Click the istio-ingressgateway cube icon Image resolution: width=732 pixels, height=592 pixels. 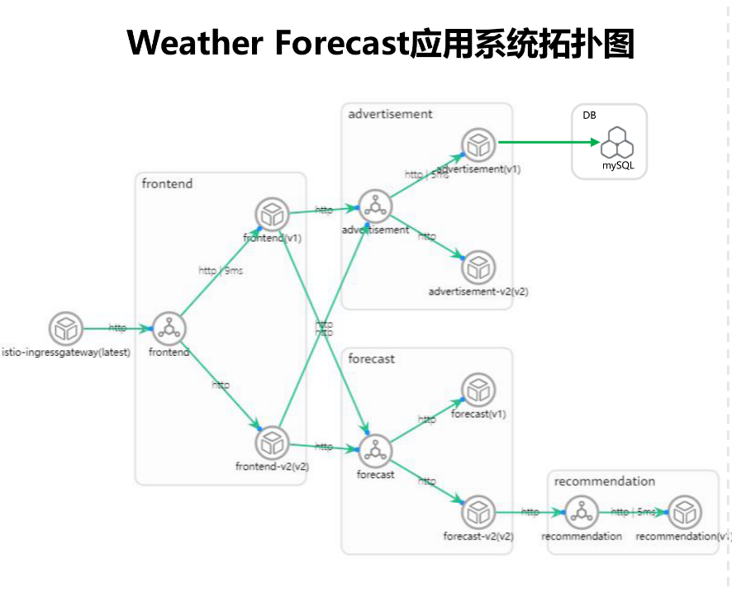point(65,329)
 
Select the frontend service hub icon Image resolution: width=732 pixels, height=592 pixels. point(169,329)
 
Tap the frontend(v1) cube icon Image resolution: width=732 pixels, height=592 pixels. point(271,215)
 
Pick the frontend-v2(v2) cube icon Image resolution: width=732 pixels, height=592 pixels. point(271,443)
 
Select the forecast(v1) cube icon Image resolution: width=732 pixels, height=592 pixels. point(478,390)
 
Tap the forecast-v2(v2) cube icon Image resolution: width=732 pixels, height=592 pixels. point(478,513)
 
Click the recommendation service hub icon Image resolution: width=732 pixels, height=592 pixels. point(582,513)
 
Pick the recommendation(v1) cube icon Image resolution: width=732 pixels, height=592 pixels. point(684,513)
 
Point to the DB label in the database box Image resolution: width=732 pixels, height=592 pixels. point(589,116)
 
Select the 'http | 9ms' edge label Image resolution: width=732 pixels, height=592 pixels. point(220,271)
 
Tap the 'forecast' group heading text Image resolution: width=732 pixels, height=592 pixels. point(371,359)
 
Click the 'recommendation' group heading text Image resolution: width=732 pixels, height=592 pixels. point(604,481)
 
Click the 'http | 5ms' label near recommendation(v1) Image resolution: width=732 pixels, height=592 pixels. point(633,512)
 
